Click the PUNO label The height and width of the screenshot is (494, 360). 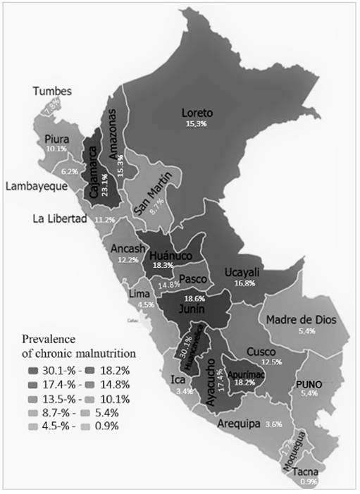(x=310, y=383)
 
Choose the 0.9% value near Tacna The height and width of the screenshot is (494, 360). (x=309, y=482)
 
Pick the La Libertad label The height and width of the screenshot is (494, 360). (x=59, y=218)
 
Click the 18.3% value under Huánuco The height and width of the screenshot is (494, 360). (x=166, y=266)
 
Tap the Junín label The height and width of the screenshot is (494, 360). (x=192, y=309)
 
